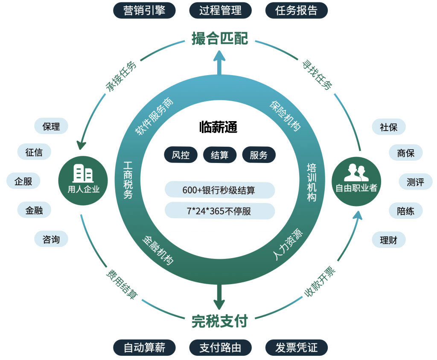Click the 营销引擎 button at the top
[144, 10]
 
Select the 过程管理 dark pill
[220, 10]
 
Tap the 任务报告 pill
[297, 10]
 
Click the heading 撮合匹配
[220, 38]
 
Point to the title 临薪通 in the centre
[218, 127]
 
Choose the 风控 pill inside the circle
[181, 155]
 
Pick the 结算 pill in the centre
[219, 155]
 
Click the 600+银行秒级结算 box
[219, 190]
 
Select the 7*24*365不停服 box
[219, 211]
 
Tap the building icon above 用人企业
[83, 173]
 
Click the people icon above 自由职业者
[356, 173]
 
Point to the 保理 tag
[51, 126]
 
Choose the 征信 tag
[34, 152]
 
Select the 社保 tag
[388, 127]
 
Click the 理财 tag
[388, 240]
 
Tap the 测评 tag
[415, 182]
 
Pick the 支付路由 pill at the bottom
[220, 348]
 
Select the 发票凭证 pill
[297, 348]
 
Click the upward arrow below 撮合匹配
[219, 62]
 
